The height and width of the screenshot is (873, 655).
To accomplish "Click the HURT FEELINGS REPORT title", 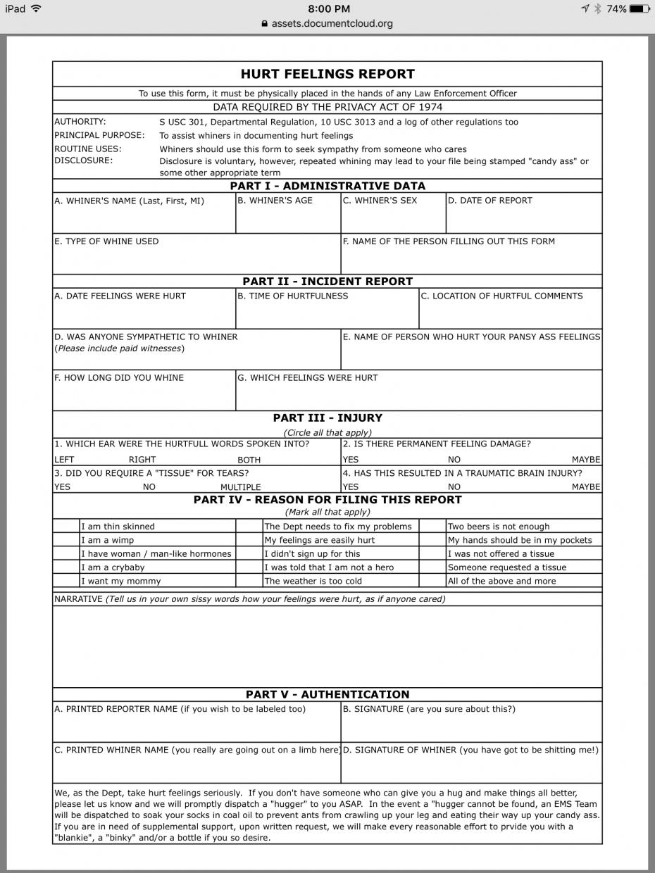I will tap(327, 74).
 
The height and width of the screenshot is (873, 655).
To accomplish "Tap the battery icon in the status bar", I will tap(640, 8).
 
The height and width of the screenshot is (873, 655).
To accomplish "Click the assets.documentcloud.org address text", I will tap(332, 23).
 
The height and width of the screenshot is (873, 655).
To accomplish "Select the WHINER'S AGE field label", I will tap(275, 201).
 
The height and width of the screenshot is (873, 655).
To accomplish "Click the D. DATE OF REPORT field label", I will tap(490, 201).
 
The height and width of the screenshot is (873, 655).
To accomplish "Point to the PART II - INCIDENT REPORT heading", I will tap(327, 282).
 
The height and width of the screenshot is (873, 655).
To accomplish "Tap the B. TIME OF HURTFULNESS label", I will tap(293, 296).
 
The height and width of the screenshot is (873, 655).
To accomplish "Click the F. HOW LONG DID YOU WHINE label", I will tap(119, 378).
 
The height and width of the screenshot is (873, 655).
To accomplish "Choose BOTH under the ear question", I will tap(249, 460).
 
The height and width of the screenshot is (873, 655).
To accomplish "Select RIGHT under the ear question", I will tap(142, 460).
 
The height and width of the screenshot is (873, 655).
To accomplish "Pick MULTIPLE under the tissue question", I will tap(240, 487).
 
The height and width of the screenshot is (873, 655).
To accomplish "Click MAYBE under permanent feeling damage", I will tap(586, 460).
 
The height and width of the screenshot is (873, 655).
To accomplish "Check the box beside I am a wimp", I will tap(66, 540).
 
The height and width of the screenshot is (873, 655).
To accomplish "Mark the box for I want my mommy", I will tap(66, 581).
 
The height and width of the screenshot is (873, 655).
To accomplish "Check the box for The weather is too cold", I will tap(249, 581).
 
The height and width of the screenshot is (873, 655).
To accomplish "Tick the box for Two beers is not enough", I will tap(432, 527).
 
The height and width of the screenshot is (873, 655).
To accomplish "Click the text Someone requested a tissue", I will tap(507, 567).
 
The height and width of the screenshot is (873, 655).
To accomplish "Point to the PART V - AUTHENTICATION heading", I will tap(327, 695).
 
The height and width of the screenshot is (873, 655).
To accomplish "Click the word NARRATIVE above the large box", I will tap(78, 599).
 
